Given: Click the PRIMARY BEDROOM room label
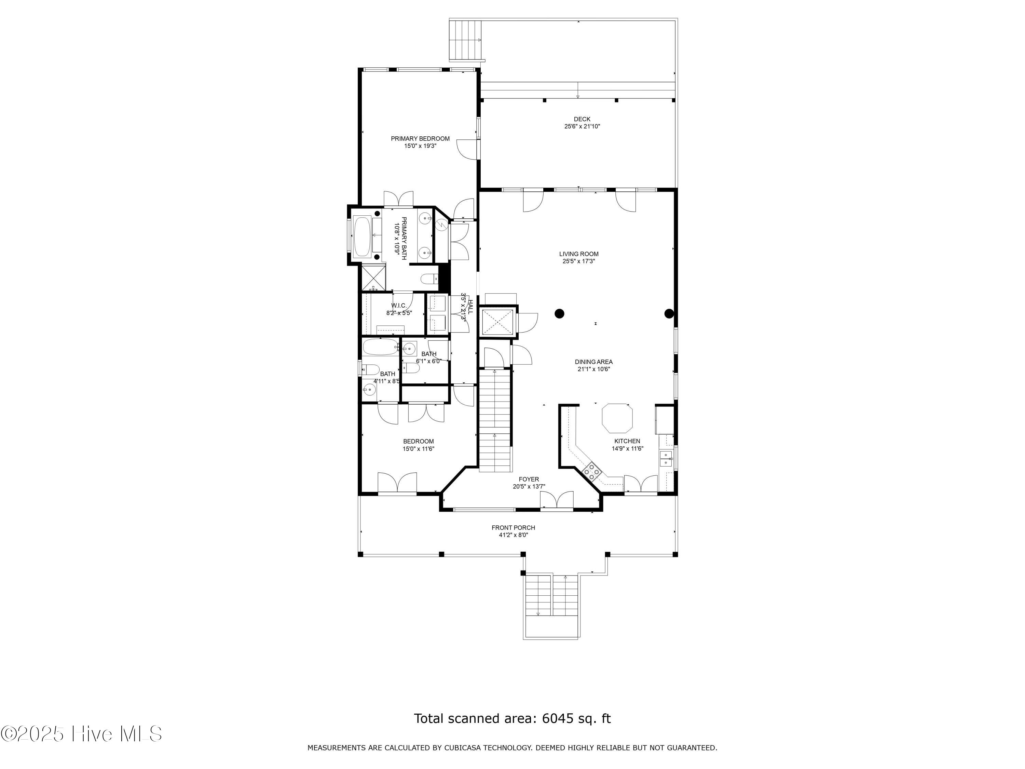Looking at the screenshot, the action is pyautogui.click(x=420, y=139).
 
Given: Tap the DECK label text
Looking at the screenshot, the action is pyautogui.click(x=582, y=119).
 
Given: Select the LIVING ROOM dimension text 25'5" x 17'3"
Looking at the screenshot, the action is pyautogui.click(x=579, y=261).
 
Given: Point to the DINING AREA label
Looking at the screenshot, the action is pyautogui.click(x=593, y=362).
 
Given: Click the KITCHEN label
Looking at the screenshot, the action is pyautogui.click(x=627, y=441).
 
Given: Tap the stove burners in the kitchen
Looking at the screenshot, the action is pyautogui.click(x=592, y=471).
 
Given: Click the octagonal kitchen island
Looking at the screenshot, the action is pyautogui.click(x=617, y=418).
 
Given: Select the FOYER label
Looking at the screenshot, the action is pyautogui.click(x=529, y=479).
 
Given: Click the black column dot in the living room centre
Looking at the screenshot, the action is pyautogui.click(x=559, y=314).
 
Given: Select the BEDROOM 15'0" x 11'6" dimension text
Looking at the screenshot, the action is pyautogui.click(x=419, y=449).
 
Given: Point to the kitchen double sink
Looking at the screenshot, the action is pyautogui.click(x=666, y=458).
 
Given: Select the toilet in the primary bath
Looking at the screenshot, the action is pyautogui.click(x=428, y=279).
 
